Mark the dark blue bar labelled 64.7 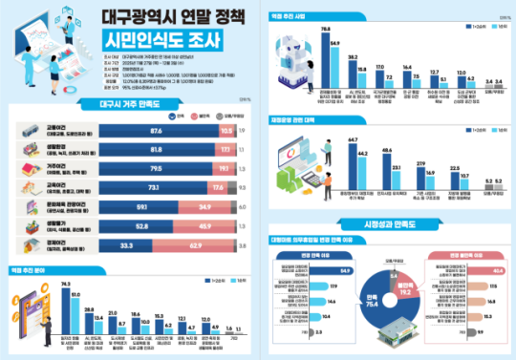pyautogui.click(x=294, y=166)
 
